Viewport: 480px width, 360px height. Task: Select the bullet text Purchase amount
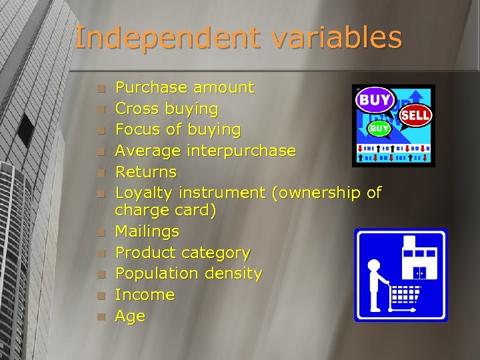click(x=184, y=87)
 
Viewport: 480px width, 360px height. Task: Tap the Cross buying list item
click(x=166, y=108)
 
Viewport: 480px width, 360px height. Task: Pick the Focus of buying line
click(x=177, y=129)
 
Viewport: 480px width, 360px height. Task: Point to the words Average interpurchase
click(x=205, y=151)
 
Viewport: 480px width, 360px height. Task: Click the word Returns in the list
click(x=145, y=172)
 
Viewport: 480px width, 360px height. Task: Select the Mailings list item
click(x=147, y=232)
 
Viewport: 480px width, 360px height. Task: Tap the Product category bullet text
click(x=182, y=253)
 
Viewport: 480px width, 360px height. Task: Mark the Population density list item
click(x=188, y=274)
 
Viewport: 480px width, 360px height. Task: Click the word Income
click(x=144, y=295)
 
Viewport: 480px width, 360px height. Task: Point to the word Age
click(x=130, y=316)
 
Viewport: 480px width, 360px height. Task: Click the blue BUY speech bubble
click(x=375, y=101)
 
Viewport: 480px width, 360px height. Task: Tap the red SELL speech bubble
click(x=415, y=115)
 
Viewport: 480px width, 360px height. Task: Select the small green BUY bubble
click(x=379, y=127)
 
